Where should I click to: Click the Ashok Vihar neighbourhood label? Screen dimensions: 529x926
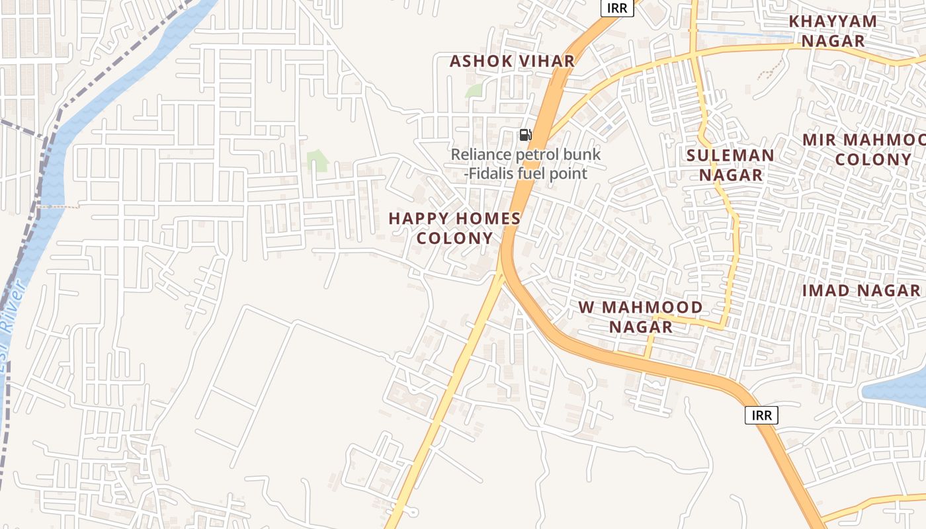point(512,61)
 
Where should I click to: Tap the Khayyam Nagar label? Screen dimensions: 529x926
point(833,31)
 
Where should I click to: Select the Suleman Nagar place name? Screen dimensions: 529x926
point(730,165)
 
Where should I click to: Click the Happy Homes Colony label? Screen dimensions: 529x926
point(454,227)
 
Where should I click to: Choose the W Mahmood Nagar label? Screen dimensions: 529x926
point(640,317)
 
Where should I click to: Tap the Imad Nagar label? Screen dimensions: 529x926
point(861,290)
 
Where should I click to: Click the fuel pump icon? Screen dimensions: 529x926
point(525,136)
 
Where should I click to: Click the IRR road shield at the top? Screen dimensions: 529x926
point(617,9)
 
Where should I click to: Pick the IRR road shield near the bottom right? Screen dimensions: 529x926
point(762,415)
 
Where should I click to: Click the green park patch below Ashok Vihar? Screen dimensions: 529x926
point(474,91)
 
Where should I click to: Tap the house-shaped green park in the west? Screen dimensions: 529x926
point(318,161)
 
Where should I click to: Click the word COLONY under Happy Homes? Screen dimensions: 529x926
point(455,238)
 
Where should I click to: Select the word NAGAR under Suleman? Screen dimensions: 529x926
point(731,175)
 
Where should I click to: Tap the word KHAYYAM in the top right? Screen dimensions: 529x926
point(833,21)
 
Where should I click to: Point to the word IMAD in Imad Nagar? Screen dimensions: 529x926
point(827,290)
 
